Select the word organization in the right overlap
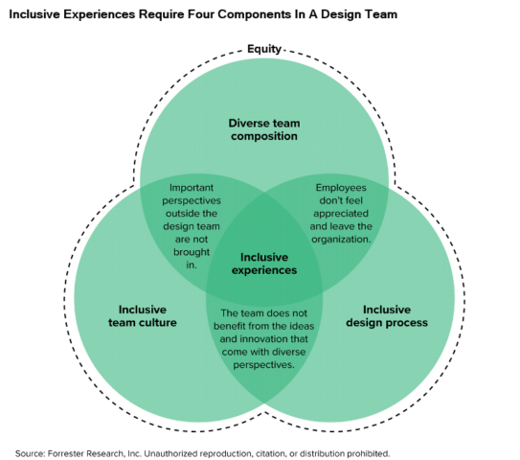tap(342, 239)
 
